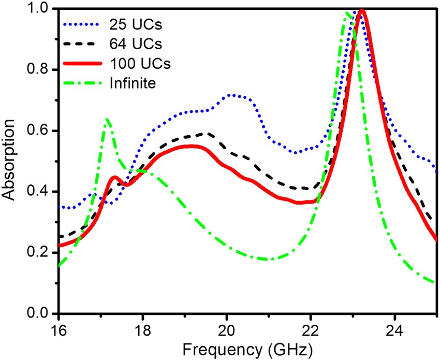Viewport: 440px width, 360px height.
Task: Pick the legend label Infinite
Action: [x=132, y=83]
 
